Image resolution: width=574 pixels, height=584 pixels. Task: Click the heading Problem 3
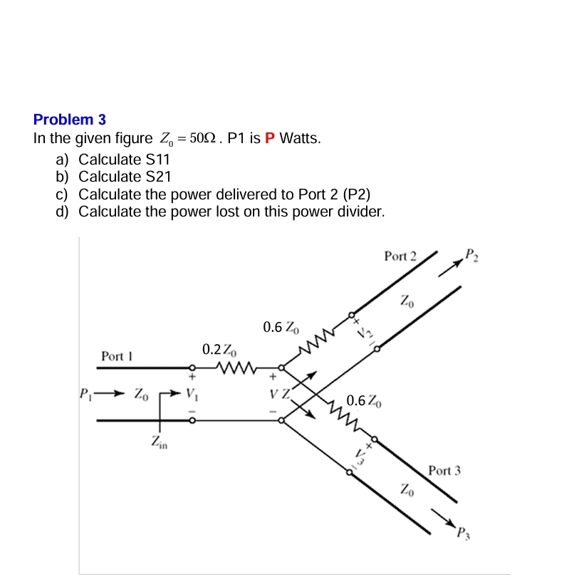[x=69, y=120]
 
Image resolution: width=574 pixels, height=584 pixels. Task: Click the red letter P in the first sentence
[x=269, y=138]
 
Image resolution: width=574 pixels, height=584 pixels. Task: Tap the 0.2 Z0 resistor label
[x=216, y=349]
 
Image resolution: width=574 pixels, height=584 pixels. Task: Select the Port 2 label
[x=400, y=256]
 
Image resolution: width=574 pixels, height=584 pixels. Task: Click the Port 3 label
[x=444, y=470]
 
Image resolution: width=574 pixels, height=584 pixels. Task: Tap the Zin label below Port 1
[x=160, y=443]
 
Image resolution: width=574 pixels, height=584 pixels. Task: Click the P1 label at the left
[x=85, y=392]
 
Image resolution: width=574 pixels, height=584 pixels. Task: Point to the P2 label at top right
[x=471, y=254]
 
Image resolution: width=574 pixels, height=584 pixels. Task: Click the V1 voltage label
[x=191, y=393]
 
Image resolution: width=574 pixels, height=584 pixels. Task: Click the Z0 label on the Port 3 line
[x=405, y=489]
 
